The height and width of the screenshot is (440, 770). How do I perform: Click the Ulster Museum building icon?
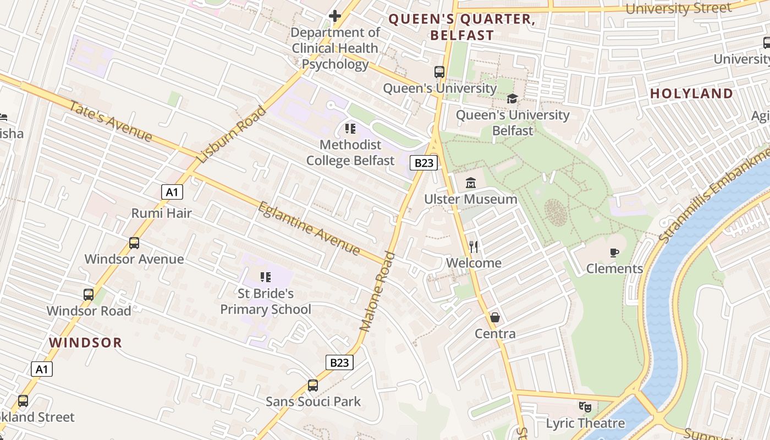471,183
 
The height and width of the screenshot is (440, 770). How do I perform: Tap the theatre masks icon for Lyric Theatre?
585,408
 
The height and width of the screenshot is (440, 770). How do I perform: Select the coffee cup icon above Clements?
614,252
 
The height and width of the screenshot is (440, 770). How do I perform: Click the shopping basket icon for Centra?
495,317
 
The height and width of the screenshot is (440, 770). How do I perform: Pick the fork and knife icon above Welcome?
474,246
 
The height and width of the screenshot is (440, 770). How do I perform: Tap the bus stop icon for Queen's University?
439,72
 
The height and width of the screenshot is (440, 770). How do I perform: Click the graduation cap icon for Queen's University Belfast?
512,99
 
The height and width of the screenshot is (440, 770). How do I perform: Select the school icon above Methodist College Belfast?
350,129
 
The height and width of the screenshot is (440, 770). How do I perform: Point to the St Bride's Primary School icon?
266,277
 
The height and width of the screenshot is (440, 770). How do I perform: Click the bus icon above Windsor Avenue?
134,243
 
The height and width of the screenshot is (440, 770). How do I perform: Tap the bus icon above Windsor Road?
89,294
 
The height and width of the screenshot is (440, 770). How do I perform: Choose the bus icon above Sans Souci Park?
313,385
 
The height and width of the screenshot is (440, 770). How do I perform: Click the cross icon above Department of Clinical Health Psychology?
334,16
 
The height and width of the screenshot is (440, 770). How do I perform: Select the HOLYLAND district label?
691,94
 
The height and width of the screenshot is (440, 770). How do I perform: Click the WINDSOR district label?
85,343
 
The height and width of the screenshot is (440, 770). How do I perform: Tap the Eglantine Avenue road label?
309,229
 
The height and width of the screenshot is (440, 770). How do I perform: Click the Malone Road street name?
377,291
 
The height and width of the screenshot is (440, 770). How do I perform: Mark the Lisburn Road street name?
232,135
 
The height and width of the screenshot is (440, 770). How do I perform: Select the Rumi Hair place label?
161,213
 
